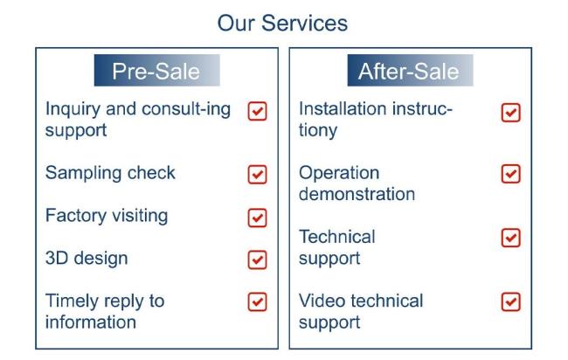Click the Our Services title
pos(282,24)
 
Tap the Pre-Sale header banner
pos(156,70)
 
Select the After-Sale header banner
pos(410,70)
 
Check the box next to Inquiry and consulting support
pos(258,111)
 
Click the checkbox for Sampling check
pos(258,175)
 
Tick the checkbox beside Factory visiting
pos(258,218)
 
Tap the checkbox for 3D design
pos(258,260)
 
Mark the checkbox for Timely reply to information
pos(258,302)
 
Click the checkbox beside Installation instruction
pos(511,113)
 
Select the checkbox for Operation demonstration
pos(511,174)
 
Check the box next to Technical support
pos(511,238)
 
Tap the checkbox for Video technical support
pos(511,302)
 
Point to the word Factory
pos(76,216)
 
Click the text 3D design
pos(87,259)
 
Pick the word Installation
pos(343,108)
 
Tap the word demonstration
pos(357,194)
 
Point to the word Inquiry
pos(73,110)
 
